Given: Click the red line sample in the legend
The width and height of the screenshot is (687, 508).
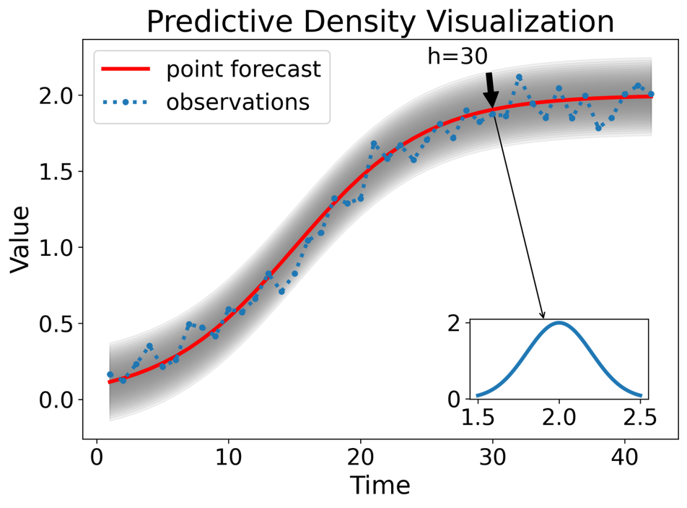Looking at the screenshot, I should pos(126,69).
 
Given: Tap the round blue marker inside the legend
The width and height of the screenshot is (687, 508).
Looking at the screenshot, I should pos(126,103).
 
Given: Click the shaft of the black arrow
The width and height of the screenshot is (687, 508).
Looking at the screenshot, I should pos(489,82).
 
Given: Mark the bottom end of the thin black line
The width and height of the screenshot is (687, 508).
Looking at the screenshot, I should pos(501,147).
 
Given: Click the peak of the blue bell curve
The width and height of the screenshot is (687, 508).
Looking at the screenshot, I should pos(559,322).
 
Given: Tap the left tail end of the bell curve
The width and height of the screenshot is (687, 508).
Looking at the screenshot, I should pos(477,395).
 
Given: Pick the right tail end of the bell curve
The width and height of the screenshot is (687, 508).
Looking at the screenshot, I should pos(641,395).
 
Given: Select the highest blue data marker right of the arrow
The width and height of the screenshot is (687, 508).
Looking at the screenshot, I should pos(519,77).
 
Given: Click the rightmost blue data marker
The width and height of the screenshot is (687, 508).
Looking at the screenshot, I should pos(651,94).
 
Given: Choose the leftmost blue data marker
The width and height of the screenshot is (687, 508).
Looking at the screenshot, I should pos(110,374).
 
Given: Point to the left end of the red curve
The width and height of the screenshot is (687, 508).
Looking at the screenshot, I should pos(109,382).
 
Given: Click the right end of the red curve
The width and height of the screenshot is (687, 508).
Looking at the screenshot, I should pos(652,96).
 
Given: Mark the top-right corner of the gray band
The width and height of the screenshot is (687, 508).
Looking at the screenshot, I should pos(652,57).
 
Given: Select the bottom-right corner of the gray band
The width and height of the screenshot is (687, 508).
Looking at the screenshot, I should pos(652,135).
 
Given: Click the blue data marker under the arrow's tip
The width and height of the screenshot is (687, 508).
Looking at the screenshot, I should pos(493,113).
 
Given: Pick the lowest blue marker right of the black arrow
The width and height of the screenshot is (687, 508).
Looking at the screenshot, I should pos(598,128).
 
